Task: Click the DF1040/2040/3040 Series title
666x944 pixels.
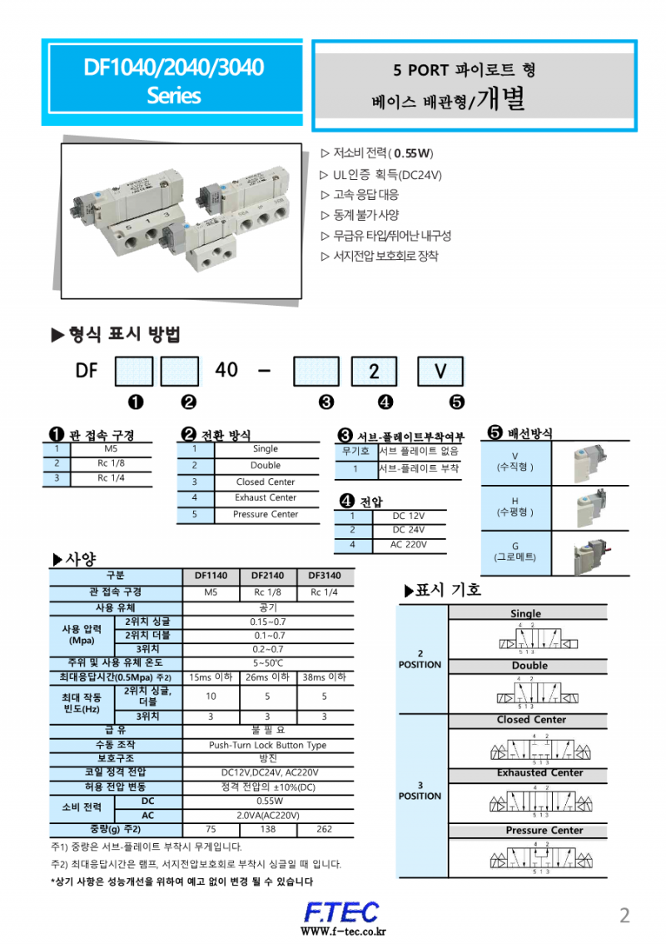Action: coord(174,81)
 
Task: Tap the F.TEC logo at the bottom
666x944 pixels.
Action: coord(340,912)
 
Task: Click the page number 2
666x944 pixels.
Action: coord(624,916)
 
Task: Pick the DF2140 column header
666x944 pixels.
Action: coord(268,575)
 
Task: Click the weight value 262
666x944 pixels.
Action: coord(325,830)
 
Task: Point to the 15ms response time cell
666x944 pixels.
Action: coord(211,677)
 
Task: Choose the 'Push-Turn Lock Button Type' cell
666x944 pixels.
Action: coord(267,745)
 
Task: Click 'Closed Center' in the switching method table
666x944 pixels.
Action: coord(266,482)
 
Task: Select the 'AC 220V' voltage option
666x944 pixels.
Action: coord(409,544)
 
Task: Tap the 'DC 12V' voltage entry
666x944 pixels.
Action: coord(409,516)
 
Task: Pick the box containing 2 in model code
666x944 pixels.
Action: coord(374,371)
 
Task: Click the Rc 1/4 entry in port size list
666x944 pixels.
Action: coord(111,477)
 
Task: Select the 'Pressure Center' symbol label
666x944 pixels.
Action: coord(544,831)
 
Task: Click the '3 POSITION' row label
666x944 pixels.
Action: coord(420,790)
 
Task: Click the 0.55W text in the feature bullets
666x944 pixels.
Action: coord(413,153)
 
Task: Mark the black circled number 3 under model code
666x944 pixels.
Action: coord(326,402)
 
